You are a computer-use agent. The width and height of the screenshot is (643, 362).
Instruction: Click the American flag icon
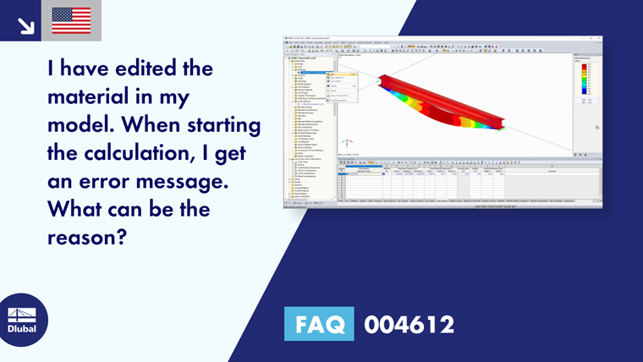coord(71,20)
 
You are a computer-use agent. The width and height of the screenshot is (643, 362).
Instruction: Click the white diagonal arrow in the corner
coord(25,25)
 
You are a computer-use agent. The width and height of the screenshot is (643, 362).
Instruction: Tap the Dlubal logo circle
coord(23,319)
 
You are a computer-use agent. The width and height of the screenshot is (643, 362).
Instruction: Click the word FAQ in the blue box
coord(321,325)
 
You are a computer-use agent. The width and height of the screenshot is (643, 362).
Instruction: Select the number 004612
coord(409,325)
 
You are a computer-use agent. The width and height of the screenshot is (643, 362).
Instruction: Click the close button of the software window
coord(599,38)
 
